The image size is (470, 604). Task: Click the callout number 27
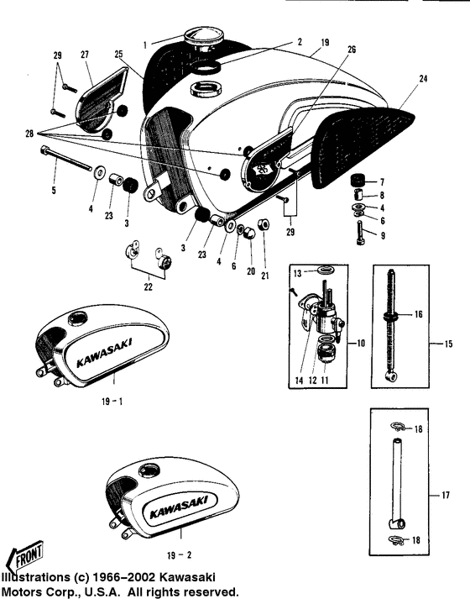coord(85,55)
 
